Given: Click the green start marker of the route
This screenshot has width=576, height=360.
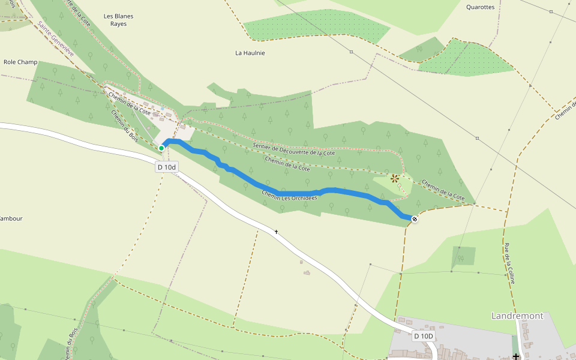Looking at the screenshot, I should tap(161, 148).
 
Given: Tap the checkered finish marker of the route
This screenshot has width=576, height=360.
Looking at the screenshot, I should tap(414, 219).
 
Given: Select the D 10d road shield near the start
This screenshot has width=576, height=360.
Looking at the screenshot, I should tap(167, 167).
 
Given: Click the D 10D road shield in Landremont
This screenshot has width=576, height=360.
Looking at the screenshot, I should tap(424, 336).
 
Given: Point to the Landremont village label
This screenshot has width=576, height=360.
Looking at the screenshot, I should tap(517, 316).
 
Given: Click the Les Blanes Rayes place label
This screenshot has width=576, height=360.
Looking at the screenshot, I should tap(118, 20).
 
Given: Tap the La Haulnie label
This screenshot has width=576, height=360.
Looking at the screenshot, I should tap(250, 53).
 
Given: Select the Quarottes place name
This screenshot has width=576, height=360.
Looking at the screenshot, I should tap(480, 7).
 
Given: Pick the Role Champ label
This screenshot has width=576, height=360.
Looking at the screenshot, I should tap(20, 62).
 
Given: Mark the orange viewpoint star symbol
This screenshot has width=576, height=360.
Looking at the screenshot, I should tap(394, 178).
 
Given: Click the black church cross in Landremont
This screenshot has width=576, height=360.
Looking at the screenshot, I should tap(515, 356).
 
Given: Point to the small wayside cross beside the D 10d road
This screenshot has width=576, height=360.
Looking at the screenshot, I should tap(277, 231).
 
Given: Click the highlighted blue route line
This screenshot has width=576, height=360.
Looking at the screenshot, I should tap(270, 187).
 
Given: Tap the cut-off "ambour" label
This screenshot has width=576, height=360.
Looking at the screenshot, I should tap(11, 218).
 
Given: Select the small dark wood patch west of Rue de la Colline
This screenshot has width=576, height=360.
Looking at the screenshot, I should tap(463, 256).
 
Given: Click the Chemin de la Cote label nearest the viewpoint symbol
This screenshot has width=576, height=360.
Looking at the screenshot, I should tap(443, 189).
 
